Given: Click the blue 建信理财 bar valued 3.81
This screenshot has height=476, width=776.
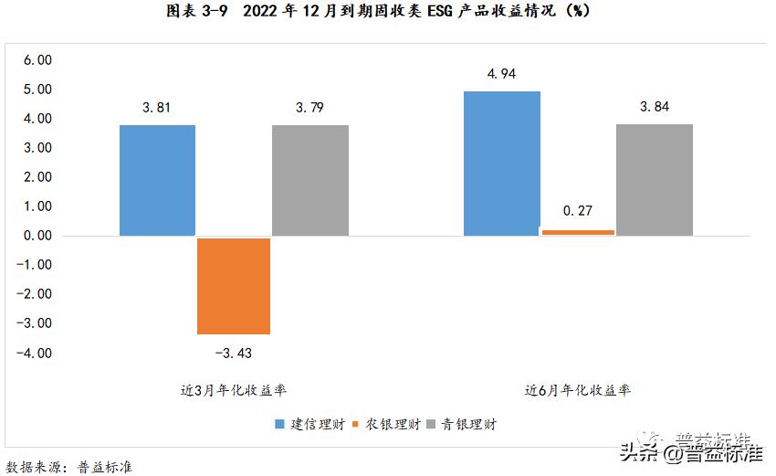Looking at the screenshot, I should tap(157, 180).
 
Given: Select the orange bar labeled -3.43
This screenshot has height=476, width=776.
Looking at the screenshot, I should tap(234, 286).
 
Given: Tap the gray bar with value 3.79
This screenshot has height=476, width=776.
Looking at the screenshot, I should tap(310, 180).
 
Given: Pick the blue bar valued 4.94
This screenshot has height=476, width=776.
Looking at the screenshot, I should tap(502, 164).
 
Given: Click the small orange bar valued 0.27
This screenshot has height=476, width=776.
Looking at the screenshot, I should tap(578, 232).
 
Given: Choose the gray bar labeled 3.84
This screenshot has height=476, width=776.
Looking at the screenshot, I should tap(655, 179).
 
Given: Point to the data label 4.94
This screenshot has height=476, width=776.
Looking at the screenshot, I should tap(502, 74).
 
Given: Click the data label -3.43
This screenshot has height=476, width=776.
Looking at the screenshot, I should tap(233, 353).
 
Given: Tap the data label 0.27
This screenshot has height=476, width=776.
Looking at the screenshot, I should tap(578, 211).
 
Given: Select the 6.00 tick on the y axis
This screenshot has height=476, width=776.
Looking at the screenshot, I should tap(37, 60).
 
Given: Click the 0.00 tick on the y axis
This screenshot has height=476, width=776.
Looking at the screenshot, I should tap(37, 236).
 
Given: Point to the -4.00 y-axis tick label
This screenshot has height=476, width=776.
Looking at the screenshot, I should tap(35, 353).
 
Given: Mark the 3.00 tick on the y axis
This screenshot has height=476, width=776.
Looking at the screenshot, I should tap(37, 148).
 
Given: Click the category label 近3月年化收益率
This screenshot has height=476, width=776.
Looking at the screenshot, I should tap(234, 390).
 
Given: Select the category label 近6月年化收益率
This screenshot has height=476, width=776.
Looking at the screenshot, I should tap(578, 390).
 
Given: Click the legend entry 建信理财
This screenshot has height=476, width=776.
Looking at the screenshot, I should tap(309, 424).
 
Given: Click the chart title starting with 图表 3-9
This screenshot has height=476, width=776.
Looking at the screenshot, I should tap(388, 13).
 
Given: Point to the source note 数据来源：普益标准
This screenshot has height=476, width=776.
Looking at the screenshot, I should tap(69, 467).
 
